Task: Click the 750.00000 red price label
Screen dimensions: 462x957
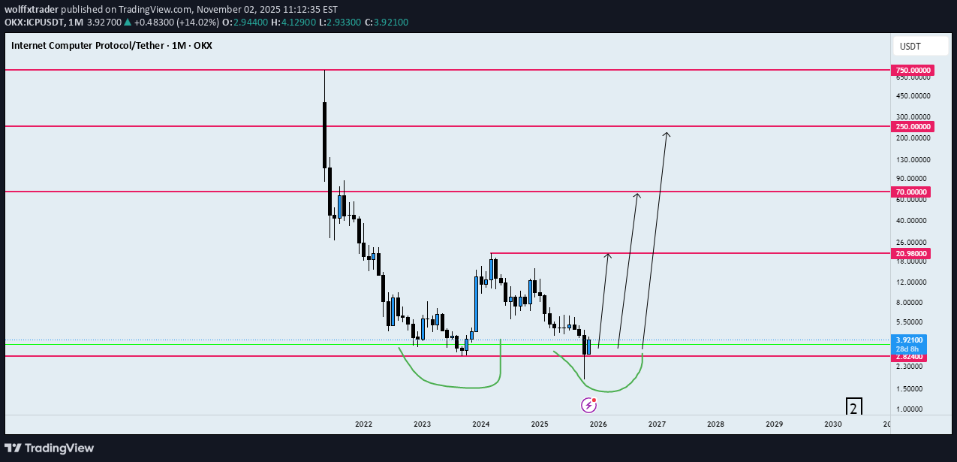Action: [x=912, y=71]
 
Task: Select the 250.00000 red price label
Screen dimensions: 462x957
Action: [x=912, y=127]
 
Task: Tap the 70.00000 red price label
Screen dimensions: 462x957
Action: [x=912, y=192]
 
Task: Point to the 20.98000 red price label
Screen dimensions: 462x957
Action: [x=912, y=254]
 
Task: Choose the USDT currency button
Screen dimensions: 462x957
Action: [x=910, y=47]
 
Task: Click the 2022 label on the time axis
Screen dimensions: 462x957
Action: [x=363, y=424]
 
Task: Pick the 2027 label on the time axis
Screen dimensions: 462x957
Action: [x=657, y=424]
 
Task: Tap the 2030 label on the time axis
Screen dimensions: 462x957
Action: [x=832, y=424]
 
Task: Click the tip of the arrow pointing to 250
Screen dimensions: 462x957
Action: [x=666, y=134]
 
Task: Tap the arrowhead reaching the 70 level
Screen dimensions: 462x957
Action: [x=637, y=195]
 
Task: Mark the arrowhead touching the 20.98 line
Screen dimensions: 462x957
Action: [x=608, y=255]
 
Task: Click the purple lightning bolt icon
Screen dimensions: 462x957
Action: [x=589, y=406]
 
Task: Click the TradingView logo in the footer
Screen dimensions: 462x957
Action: [x=50, y=448]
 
